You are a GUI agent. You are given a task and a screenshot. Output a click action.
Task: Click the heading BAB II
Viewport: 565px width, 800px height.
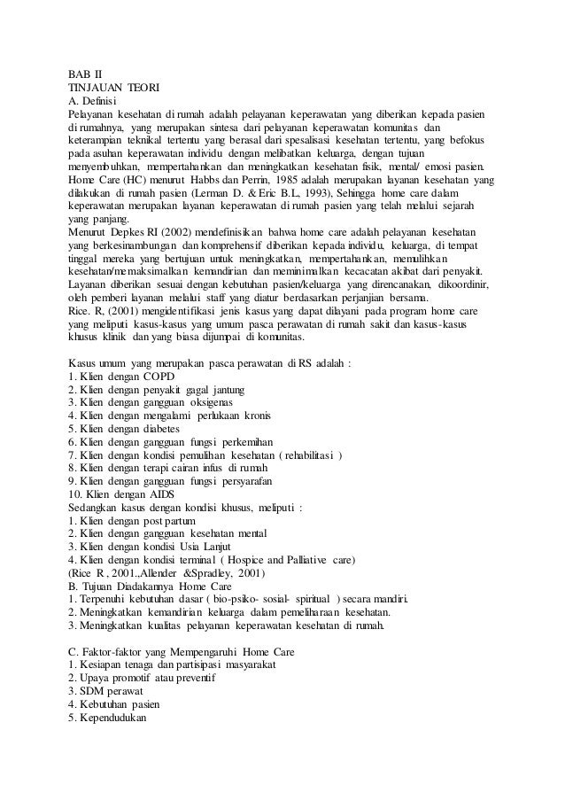point(84,74)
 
